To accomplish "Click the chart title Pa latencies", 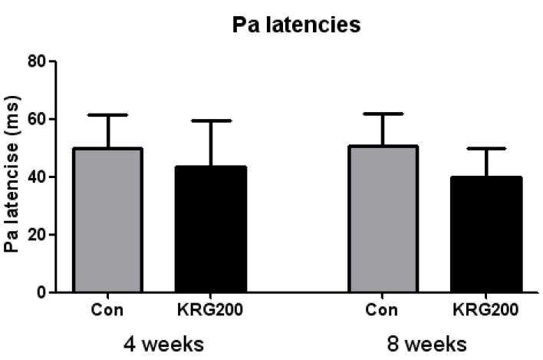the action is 297,25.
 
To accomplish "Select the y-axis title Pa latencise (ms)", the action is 12,174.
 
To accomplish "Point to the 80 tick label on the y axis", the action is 37,61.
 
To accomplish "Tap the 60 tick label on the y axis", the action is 37,119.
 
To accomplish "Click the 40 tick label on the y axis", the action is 37,177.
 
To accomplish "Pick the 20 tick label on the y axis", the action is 37,235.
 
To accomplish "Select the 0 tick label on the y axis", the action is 41,292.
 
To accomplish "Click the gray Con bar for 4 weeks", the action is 108,220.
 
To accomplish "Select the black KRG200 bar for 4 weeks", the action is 211,229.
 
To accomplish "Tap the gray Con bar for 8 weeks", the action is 383,219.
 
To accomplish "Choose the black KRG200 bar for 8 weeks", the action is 486,234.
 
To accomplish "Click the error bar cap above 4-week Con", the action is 108,114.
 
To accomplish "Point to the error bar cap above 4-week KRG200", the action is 211,121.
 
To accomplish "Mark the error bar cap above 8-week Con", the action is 383,114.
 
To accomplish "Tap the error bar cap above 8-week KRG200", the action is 486,148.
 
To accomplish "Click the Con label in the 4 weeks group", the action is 107,310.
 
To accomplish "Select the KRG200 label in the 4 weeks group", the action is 210,310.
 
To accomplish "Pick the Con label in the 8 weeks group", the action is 381,310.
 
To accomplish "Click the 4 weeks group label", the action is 163,345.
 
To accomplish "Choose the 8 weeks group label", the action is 426,345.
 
